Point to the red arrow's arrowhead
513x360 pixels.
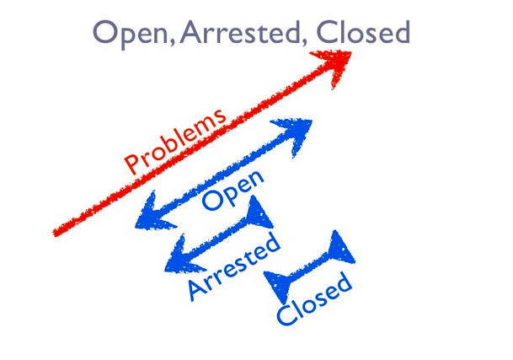336,64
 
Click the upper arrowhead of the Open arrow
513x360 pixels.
297,133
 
